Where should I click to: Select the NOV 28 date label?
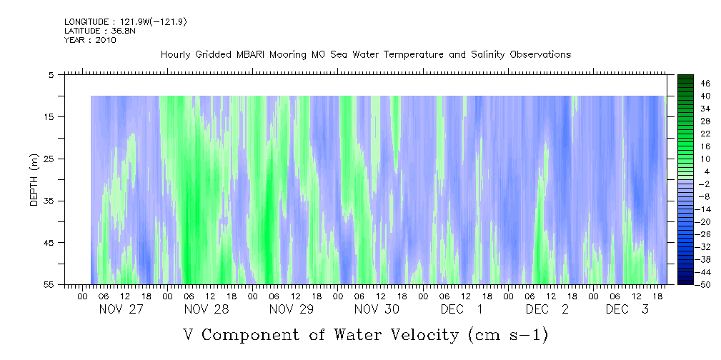click(x=207, y=309)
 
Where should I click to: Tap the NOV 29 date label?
click(x=292, y=309)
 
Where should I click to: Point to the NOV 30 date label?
click(x=377, y=309)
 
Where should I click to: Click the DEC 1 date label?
click(x=461, y=309)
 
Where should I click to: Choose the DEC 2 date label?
click(x=547, y=309)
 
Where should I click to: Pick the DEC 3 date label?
click(x=627, y=309)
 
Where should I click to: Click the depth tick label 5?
click(x=51, y=74)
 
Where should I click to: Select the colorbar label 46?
click(x=705, y=83)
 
